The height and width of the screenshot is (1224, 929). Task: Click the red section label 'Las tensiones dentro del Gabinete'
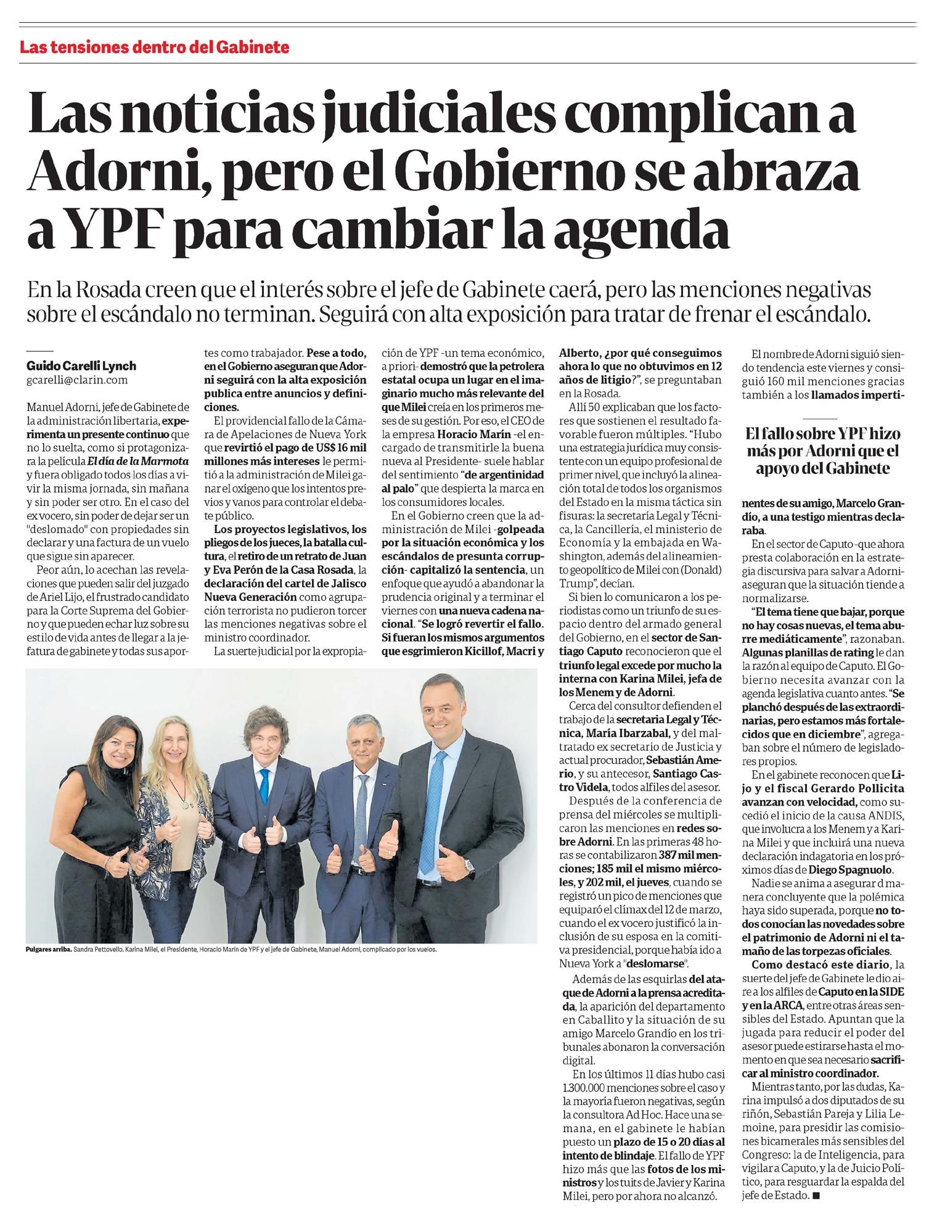pos(154,47)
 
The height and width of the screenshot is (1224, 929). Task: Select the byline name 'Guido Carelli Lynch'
pos(81,365)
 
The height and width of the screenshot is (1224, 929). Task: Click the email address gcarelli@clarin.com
pos(77,380)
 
